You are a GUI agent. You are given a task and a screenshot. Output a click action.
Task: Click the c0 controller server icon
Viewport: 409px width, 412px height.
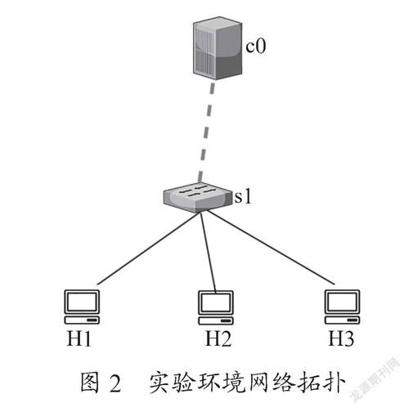coord(218,48)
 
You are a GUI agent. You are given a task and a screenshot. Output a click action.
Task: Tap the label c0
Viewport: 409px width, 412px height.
coord(255,46)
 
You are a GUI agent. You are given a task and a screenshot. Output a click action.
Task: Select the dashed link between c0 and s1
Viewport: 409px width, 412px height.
coord(206,132)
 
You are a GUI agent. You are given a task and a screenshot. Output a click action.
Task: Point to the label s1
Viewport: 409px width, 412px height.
coord(242,196)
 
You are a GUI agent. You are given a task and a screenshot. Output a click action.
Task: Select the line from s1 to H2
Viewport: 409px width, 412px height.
coord(208,253)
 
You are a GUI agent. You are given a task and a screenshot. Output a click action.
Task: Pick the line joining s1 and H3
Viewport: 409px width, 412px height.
coord(269,248)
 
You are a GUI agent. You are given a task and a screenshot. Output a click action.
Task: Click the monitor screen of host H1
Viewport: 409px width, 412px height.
coord(82,302)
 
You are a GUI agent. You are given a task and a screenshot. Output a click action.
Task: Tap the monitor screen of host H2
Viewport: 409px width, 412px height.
coord(215,302)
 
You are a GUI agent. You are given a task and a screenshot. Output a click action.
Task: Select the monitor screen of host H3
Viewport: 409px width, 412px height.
coord(342,302)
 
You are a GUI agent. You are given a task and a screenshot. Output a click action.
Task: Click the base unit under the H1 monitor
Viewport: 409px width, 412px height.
coord(82,320)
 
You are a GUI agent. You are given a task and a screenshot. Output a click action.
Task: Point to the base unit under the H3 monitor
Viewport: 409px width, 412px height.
coord(342,320)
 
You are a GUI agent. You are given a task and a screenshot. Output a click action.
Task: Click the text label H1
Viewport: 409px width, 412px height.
coord(79,338)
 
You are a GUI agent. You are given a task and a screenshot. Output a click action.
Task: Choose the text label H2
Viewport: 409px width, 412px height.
coord(218,338)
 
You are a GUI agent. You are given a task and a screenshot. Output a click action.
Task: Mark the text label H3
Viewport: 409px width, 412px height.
coord(341,338)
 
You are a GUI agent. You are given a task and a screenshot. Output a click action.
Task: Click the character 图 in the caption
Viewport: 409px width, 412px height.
coord(90,383)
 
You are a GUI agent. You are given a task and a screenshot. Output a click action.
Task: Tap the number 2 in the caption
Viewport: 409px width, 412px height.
coord(115,383)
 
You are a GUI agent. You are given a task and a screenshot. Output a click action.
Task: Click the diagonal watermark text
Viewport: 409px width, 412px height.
coord(376,379)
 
